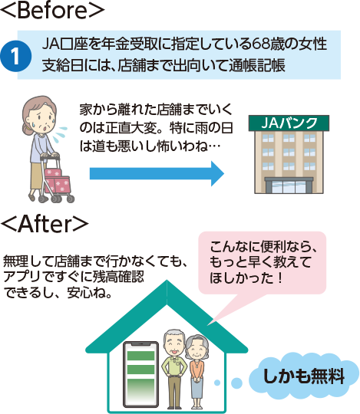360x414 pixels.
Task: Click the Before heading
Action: [x=52, y=10]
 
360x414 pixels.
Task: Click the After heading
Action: [x=45, y=224]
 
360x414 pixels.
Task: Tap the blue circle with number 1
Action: [x=15, y=56]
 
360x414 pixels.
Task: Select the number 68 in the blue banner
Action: [x=260, y=44]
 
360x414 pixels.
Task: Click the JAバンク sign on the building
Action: [x=289, y=123]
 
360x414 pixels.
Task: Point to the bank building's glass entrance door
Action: [x=289, y=186]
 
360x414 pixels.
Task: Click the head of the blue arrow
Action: [x=217, y=174]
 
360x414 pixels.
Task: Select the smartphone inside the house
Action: [x=141, y=375]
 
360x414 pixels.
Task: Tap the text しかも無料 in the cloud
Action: [x=304, y=376]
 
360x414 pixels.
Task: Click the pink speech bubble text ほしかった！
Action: [x=246, y=278]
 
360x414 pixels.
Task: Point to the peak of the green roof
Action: [x=167, y=281]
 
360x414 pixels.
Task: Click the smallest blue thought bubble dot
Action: [x=217, y=383]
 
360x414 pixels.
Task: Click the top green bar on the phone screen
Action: [x=141, y=356]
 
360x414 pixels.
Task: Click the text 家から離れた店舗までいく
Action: [x=156, y=110]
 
